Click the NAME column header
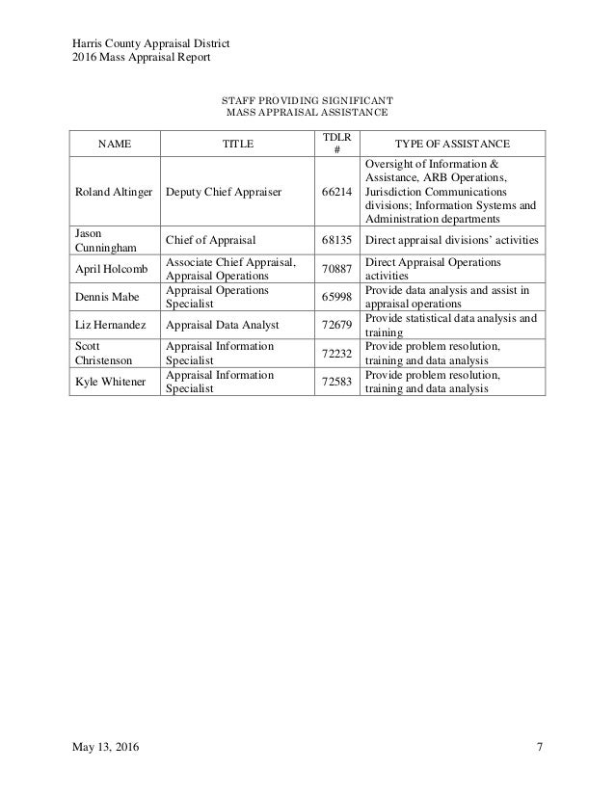click(x=115, y=145)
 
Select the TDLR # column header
click(x=337, y=145)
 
